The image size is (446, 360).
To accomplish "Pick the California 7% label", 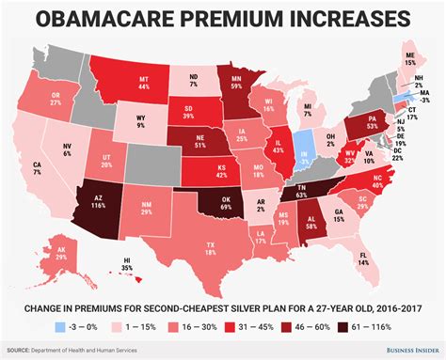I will (37, 171).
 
